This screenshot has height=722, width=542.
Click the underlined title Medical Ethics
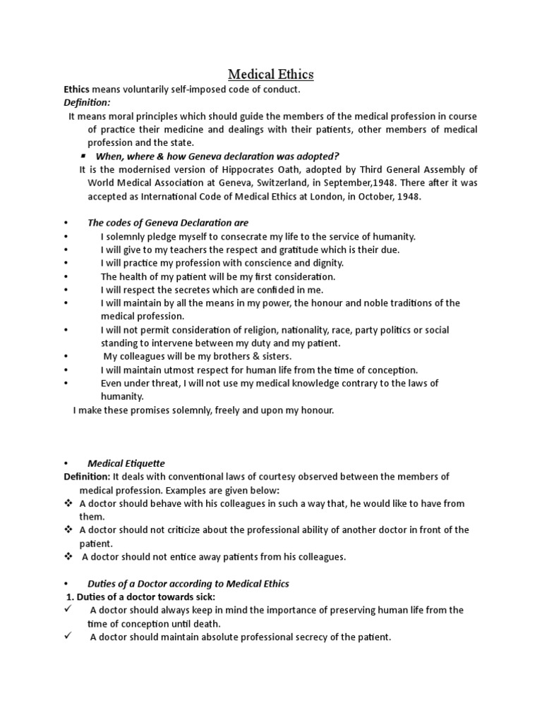271,74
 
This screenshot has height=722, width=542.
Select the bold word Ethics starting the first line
77,90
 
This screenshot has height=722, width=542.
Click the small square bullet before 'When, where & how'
83,154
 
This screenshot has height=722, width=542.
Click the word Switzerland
272,183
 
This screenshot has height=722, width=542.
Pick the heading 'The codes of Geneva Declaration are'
168,224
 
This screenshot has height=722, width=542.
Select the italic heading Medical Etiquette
126,463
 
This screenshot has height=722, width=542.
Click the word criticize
190,530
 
